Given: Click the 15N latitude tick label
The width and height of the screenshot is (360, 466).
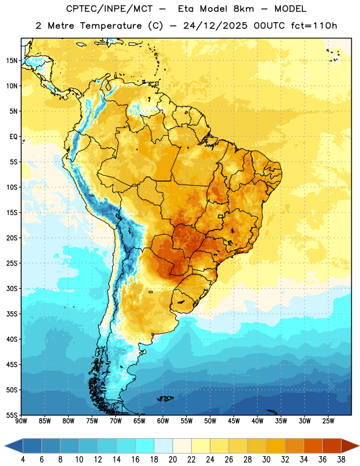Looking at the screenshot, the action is [x=12, y=61].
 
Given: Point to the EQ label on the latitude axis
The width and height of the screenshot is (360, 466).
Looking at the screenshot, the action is [x=13, y=137].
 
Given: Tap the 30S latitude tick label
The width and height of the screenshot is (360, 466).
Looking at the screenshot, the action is [x=12, y=288].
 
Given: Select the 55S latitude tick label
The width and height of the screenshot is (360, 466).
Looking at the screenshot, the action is [x=12, y=415].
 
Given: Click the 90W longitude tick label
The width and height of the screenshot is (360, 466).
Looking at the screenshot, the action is [x=22, y=421].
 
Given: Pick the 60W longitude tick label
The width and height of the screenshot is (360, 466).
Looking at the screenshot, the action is [x=163, y=421].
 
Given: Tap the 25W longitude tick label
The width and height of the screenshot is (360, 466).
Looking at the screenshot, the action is [x=328, y=421].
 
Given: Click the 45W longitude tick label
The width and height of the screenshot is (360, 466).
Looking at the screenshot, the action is [x=234, y=421].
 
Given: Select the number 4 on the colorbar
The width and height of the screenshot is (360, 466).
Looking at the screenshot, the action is [x=23, y=460].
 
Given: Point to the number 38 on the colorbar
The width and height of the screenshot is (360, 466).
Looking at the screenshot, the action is [x=341, y=460].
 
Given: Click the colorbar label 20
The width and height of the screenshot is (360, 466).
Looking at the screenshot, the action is [x=172, y=460].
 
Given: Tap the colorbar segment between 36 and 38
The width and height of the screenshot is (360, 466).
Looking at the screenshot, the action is [x=332, y=446].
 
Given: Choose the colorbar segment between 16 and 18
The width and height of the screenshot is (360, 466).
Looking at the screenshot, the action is [x=145, y=446].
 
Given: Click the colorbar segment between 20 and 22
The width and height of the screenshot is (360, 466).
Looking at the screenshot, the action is [x=182, y=446].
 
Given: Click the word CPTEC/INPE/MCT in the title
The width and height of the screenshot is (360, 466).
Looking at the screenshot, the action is [x=109, y=9].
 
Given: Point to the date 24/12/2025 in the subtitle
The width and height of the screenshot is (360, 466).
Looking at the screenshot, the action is [x=215, y=26].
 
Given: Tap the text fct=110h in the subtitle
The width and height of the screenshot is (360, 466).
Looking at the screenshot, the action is [x=314, y=26].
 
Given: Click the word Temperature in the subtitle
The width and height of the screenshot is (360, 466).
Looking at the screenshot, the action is [x=111, y=26].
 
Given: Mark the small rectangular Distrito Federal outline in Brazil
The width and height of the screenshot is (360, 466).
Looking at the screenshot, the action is [x=221, y=216].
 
